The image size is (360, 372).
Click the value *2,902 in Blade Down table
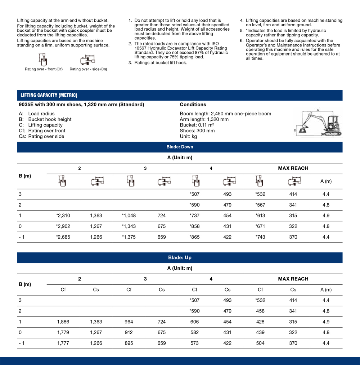coord(63,226)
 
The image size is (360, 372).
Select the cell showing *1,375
coord(129,237)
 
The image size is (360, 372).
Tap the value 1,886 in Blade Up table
coord(63,322)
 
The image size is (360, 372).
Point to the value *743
coord(260,237)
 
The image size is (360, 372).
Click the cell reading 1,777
coord(63,343)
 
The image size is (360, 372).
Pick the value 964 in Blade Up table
coord(129,322)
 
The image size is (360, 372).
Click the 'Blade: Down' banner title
coord(180,147)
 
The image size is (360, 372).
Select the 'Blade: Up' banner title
coord(180,258)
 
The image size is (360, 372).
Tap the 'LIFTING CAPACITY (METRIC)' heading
coord(49,95)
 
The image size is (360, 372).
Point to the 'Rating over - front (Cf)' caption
coord(44,69)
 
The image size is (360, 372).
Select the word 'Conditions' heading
coord(193,105)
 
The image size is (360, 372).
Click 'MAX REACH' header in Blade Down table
coord(293,168)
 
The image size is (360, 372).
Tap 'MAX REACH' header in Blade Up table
coord(293,279)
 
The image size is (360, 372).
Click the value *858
coord(194,226)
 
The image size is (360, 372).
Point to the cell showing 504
coord(260,343)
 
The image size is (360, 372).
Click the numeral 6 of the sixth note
coord(242,41)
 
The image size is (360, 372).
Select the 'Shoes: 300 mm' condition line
coord(197,130)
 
